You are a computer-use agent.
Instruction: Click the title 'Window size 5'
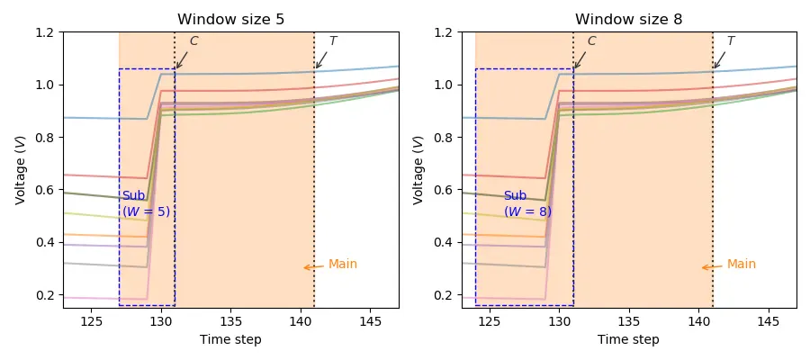point(230,19)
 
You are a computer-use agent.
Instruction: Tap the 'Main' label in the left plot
point(342,265)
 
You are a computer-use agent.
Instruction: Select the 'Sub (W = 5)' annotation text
point(146,204)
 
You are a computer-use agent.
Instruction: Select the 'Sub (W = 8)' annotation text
point(527,204)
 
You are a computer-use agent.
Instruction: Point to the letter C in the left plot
point(193,41)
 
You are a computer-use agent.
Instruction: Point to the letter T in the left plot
point(332,41)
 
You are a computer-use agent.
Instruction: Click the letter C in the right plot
point(591,41)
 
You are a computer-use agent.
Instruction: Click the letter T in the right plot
point(730,41)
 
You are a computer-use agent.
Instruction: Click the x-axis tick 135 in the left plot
point(230,321)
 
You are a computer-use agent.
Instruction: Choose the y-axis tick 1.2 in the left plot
point(44,32)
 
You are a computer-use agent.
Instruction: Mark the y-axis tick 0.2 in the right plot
point(443,295)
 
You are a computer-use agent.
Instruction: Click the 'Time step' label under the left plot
point(230,339)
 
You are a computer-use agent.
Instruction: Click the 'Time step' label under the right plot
point(629,339)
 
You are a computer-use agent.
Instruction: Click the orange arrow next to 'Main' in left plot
point(312,267)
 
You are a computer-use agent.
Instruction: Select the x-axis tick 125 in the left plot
point(91,321)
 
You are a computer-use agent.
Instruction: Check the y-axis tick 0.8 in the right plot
point(443,138)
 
